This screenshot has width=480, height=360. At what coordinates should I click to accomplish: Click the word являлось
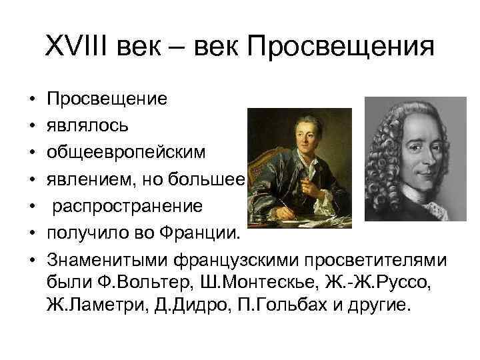coord(84,125)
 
